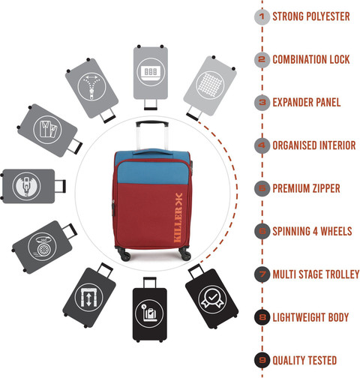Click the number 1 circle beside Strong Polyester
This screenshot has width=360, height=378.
[x=262, y=16]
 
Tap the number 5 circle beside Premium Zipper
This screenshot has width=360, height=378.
[x=262, y=188]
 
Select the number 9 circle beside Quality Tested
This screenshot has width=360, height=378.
[x=262, y=360]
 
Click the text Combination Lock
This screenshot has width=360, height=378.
[x=311, y=59]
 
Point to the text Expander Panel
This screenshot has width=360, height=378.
[x=307, y=103]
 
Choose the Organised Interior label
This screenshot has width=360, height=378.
[x=314, y=145]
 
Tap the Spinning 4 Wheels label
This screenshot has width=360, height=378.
[x=312, y=231]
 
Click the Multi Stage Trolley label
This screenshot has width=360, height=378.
[x=316, y=274]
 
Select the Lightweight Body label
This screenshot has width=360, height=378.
[x=310, y=317]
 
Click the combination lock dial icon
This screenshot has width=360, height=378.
[x=151, y=72]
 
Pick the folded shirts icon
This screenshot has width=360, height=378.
[x=47, y=130]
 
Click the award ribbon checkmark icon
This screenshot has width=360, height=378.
[x=212, y=299]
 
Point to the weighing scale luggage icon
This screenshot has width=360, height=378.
[x=149, y=313]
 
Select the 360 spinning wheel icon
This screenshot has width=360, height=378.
[x=42, y=247]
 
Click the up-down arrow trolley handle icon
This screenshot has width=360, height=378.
[x=88, y=298]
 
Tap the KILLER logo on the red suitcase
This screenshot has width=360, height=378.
[x=178, y=217]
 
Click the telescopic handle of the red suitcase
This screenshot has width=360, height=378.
[x=152, y=136]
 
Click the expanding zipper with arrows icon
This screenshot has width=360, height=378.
[x=91, y=86]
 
